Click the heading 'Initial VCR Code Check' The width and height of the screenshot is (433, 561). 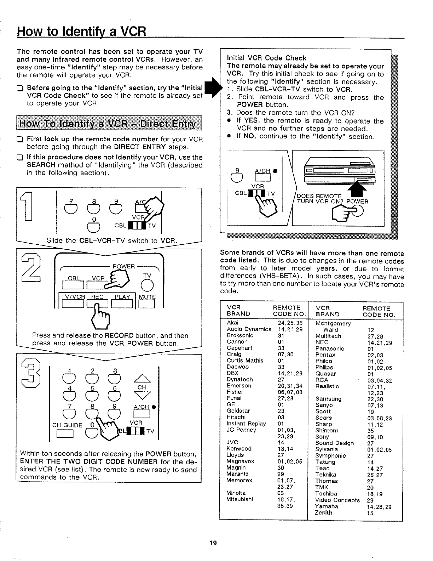pyautogui.click(x=266, y=58)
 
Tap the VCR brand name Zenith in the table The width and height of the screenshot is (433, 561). pyautogui.click(x=323, y=512)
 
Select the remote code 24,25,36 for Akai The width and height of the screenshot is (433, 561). pyautogui.click(x=290, y=323)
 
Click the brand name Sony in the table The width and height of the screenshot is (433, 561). pyautogui.click(x=322, y=437)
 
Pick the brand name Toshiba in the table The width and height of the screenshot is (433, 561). pyautogui.click(x=326, y=493)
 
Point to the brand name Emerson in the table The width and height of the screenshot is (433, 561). pyautogui.click(x=239, y=386)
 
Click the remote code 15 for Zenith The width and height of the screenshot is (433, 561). pyautogui.click(x=370, y=513)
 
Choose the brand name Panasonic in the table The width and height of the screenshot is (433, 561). pyautogui.click(x=330, y=348)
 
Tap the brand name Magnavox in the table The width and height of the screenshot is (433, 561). pyautogui.click(x=240, y=461)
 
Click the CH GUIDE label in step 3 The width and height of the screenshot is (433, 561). pyautogui.click(x=67, y=425)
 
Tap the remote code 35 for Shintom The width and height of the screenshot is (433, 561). pyautogui.click(x=370, y=431)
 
